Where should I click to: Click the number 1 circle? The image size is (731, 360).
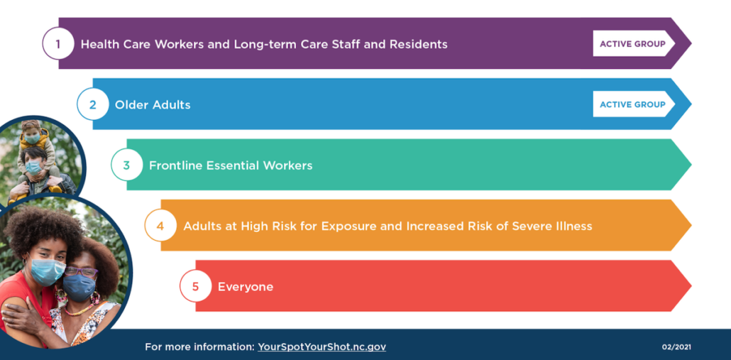tap(58, 43)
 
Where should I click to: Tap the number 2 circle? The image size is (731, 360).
tap(92, 104)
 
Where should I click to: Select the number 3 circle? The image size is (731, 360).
tap(127, 165)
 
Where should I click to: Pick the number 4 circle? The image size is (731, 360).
tap(160, 225)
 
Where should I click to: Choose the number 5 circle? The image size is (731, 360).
tap(195, 286)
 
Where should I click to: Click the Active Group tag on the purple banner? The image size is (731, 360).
tap(634, 43)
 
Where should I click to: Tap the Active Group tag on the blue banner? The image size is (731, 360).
tap(634, 104)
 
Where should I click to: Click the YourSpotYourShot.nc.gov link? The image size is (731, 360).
tap(321, 347)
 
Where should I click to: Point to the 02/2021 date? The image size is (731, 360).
tap(676, 347)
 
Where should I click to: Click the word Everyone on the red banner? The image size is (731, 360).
tap(246, 287)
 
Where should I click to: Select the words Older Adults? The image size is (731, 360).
tap(153, 104)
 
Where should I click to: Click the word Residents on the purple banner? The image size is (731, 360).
tap(422, 44)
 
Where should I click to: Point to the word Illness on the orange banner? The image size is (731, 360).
tap(574, 226)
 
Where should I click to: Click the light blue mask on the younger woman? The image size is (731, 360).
tap(47, 271)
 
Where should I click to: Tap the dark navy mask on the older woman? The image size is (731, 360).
tap(79, 288)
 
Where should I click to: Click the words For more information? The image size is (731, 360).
tap(199, 347)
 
